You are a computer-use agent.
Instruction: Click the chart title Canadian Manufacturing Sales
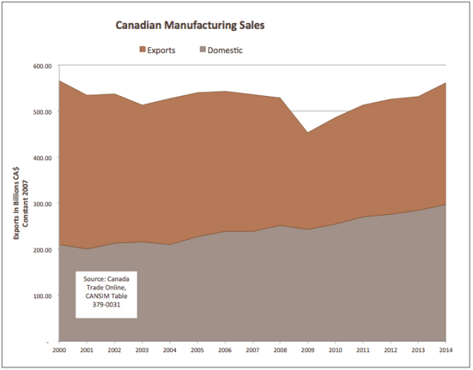click(x=190, y=25)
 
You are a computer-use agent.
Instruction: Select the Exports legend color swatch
click(x=143, y=50)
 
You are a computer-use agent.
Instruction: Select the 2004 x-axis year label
click(x=169, y=350)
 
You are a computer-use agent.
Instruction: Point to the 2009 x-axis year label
click(x=308, y=350)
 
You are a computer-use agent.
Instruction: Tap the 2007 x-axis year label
click(x=253, y=350)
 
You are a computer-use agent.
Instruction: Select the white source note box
click(x=106, y=294)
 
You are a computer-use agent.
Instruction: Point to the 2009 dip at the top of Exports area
click(x=308, y=133)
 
